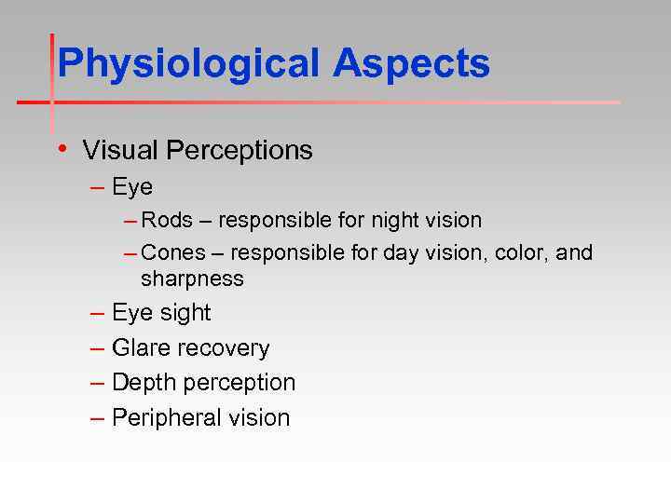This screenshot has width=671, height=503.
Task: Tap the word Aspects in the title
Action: click(x=411, y=64)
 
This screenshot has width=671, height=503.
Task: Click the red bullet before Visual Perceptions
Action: click(x=61, y=149)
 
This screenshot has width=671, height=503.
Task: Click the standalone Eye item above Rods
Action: click(x=132, y=187)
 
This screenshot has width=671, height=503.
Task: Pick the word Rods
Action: click(x=167, y=221)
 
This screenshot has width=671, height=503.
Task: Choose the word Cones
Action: click(x=171, y=253)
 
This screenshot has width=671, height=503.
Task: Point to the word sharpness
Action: click(x=192, y=279)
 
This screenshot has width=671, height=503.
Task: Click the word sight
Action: click(x=185, y=313)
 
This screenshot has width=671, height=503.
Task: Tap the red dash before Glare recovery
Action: click(x=98, y=348)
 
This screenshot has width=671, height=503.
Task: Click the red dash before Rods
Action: click(x=130, y=221)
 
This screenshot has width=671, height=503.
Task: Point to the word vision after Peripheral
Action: click(x=258, y=418)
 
